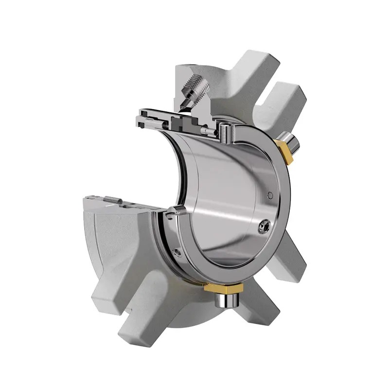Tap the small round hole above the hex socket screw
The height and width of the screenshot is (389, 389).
(x=270, y=195)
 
